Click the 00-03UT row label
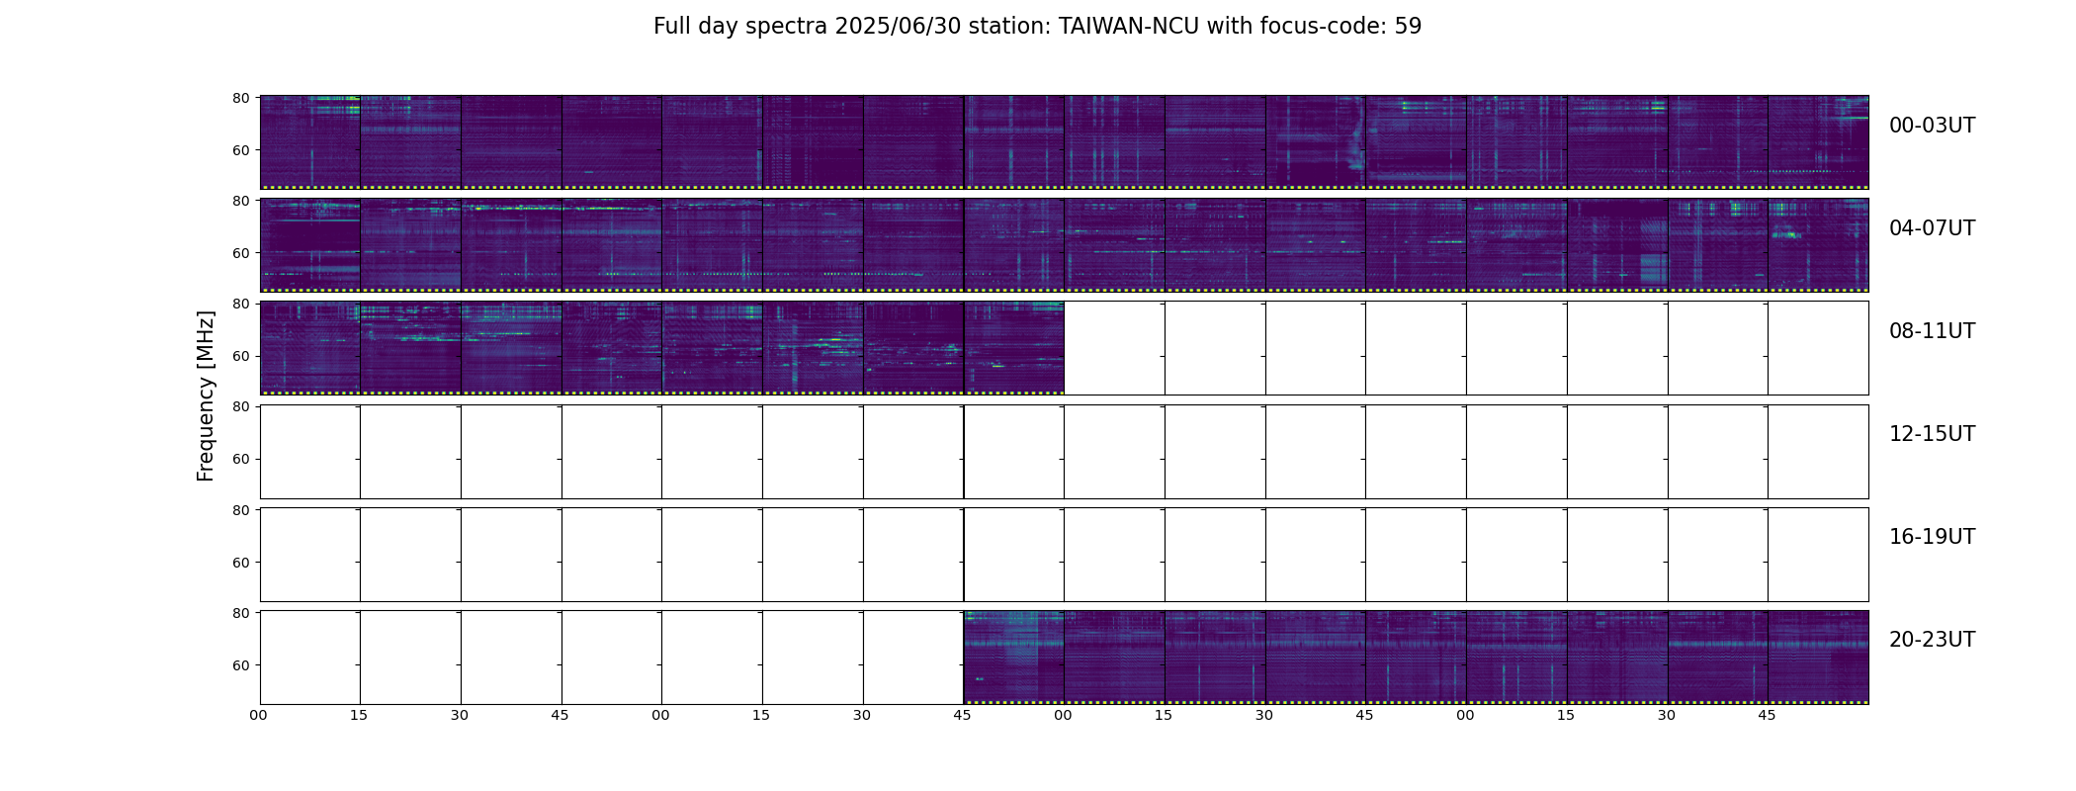1932,126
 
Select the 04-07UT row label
1932,228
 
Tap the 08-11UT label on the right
1932,331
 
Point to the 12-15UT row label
1932,434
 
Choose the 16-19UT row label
1932,537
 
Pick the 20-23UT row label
1932,640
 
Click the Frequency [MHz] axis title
206,395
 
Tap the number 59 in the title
1408,27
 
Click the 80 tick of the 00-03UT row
241,98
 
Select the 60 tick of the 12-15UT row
241,459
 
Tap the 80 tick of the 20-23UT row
241,613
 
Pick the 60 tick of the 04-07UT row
241,253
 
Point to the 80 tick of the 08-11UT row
241,304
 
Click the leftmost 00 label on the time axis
259,715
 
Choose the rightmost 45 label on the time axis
1768,715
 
